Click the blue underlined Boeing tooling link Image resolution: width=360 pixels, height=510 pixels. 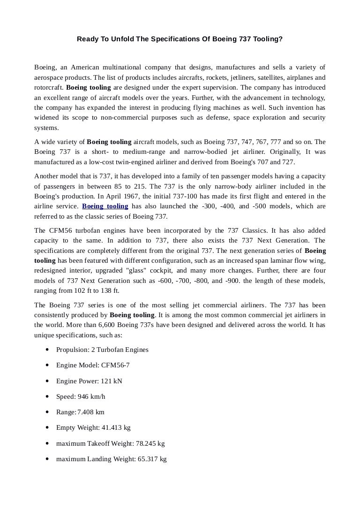tap(105, 206)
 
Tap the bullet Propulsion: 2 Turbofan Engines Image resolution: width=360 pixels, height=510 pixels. tap(102, 350)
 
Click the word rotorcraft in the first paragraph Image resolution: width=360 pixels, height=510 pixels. tap(48, 88)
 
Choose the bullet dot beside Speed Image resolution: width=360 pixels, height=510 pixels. tap(49, 396)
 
